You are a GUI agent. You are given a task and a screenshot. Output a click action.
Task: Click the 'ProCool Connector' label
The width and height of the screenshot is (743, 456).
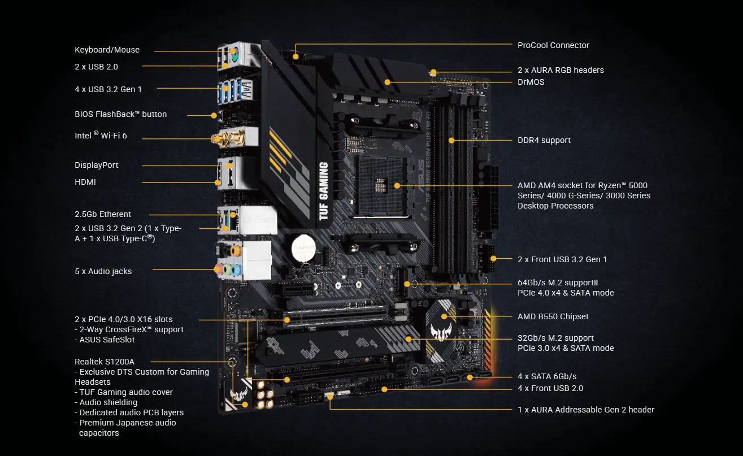553,45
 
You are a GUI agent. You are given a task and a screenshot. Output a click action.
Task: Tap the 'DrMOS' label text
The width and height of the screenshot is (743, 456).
531,82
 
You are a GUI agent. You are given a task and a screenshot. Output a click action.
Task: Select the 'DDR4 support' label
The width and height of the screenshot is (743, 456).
544,140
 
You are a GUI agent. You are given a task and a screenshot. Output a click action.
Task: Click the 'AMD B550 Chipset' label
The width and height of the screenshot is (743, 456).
553,316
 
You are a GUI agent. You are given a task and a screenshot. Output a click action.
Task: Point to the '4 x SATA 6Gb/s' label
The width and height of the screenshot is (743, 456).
547,376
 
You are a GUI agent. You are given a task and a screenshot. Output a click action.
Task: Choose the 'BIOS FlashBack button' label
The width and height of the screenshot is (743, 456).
120,114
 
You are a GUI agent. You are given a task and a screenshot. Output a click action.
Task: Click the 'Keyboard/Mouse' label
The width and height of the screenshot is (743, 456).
107,50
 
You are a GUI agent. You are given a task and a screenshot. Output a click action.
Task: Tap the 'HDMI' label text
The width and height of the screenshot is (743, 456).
85,182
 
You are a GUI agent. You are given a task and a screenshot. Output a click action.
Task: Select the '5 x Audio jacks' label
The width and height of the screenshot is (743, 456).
103,271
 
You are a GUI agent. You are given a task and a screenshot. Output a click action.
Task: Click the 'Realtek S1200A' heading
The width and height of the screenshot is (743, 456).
105,362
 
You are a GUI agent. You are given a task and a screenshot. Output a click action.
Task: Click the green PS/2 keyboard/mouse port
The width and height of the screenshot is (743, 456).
234,55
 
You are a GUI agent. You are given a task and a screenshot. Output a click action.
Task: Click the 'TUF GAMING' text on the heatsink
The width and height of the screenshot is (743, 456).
323,190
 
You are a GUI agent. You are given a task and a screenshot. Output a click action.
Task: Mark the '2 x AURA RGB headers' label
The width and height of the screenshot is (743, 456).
560,70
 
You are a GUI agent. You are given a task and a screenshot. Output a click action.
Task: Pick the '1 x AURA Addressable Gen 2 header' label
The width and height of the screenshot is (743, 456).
586,410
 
